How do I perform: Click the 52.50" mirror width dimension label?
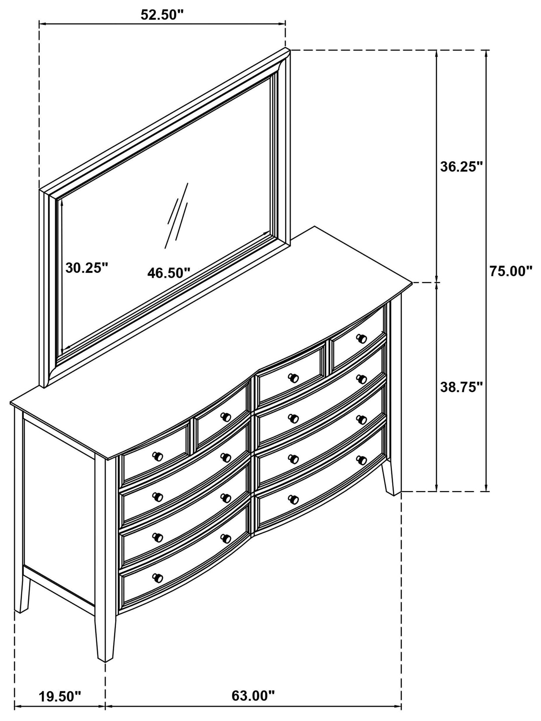click(162, 14)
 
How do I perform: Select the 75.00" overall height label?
click(511, 271)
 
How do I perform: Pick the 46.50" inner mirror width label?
click(168, 273)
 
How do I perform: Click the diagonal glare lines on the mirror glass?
click(177, 215)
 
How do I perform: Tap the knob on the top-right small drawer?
click(361, 339)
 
